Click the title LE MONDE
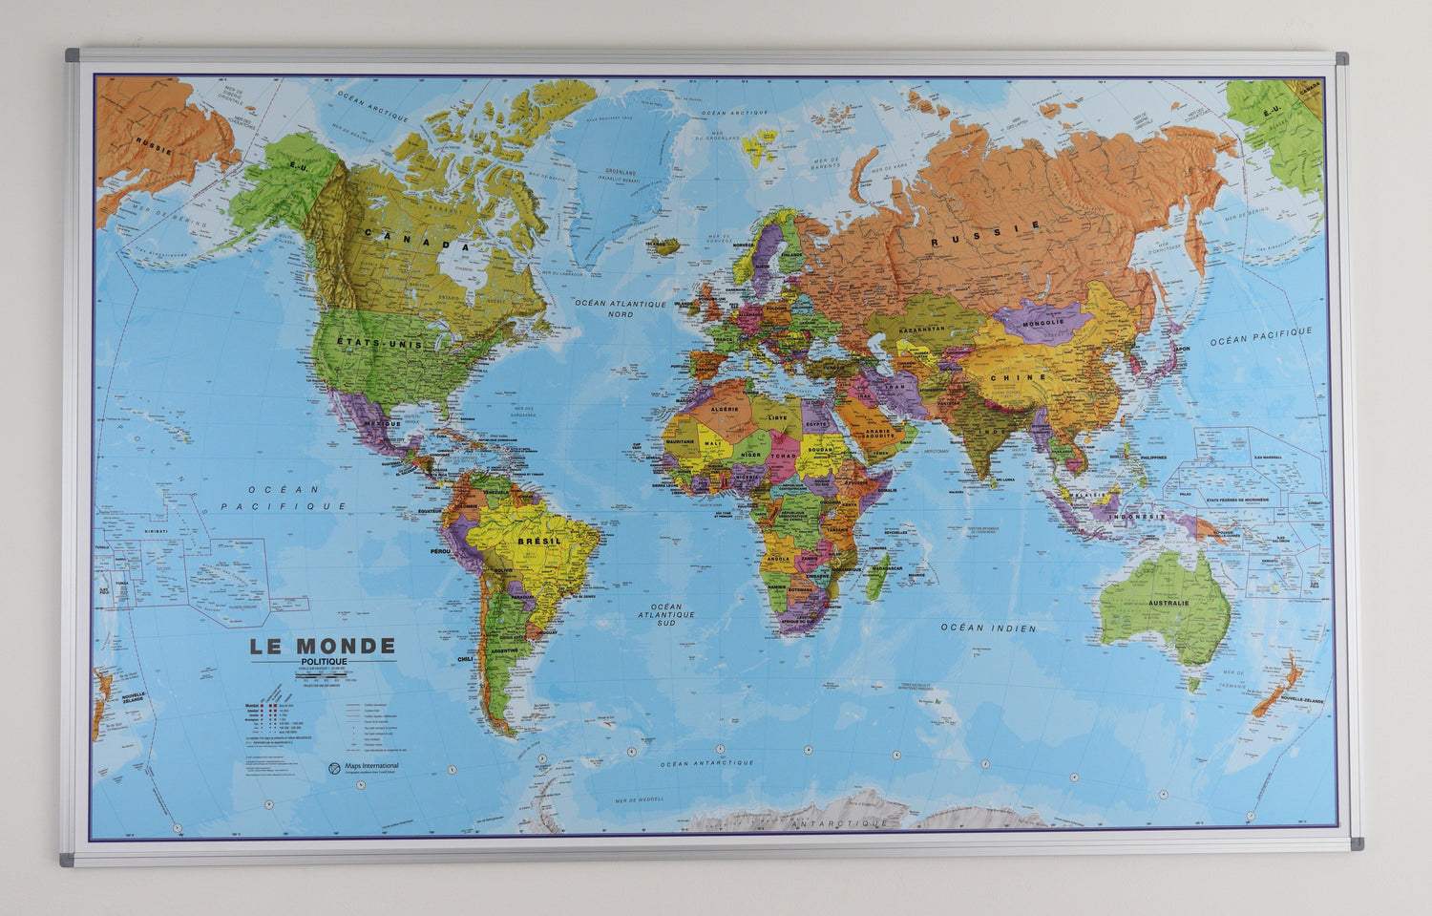click(323, 647)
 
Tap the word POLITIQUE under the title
click(324, 661)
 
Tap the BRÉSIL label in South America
click(538, 541)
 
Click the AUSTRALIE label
click(1168, 603)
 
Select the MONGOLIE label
click(1042, 322)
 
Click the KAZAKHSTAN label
click(918, 329)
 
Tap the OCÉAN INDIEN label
click(988, 628)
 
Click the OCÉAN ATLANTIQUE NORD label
click(620, 308)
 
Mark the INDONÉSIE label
click(1136, 516)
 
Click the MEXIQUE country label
click(381, 422)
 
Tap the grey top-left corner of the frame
click(72, 53)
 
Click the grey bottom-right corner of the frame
click(1357, 843)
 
